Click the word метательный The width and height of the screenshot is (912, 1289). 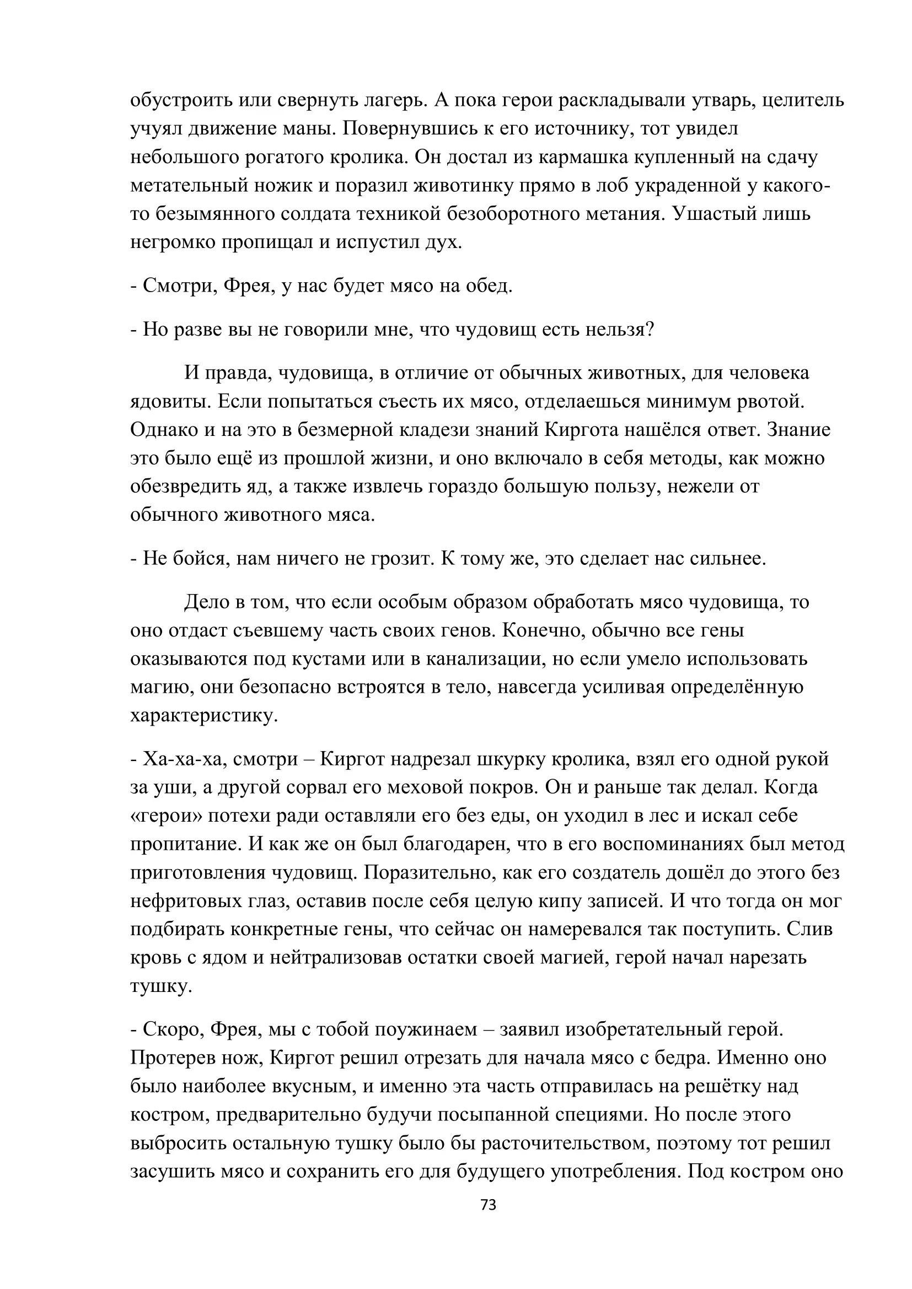pos(189,186)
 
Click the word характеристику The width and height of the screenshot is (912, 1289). pos(205,716)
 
